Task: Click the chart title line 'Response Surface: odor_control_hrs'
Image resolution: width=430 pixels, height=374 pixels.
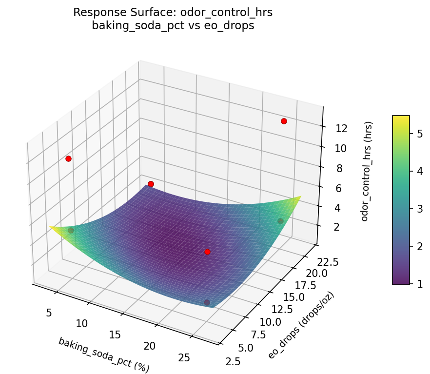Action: [173, 13]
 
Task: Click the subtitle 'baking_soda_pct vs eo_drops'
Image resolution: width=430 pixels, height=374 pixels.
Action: [173, 26]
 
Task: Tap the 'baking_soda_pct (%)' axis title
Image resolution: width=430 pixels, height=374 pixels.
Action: [104, 355]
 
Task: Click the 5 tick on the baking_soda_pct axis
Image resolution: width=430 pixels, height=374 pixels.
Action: [48, 313]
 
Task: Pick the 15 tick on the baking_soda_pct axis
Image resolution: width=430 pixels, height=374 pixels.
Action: [116, 335]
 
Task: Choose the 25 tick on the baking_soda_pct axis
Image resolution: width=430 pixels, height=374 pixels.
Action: [184, 358]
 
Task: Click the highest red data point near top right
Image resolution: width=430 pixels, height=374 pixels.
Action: [284, 121]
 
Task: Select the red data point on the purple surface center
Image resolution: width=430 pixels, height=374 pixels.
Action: [207, 252]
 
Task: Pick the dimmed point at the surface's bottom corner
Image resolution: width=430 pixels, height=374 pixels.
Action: [207, 302]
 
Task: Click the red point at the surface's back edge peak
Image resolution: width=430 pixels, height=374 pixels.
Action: [151, 184]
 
